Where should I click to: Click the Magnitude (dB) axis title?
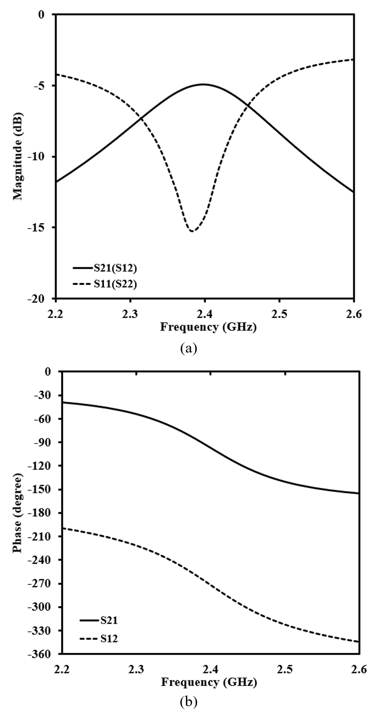[x=19, y=156]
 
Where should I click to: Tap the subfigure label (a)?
[x=188, y=348]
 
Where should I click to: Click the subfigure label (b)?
[x=188, y=702]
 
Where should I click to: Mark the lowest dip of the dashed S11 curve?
[x=192, y=231]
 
